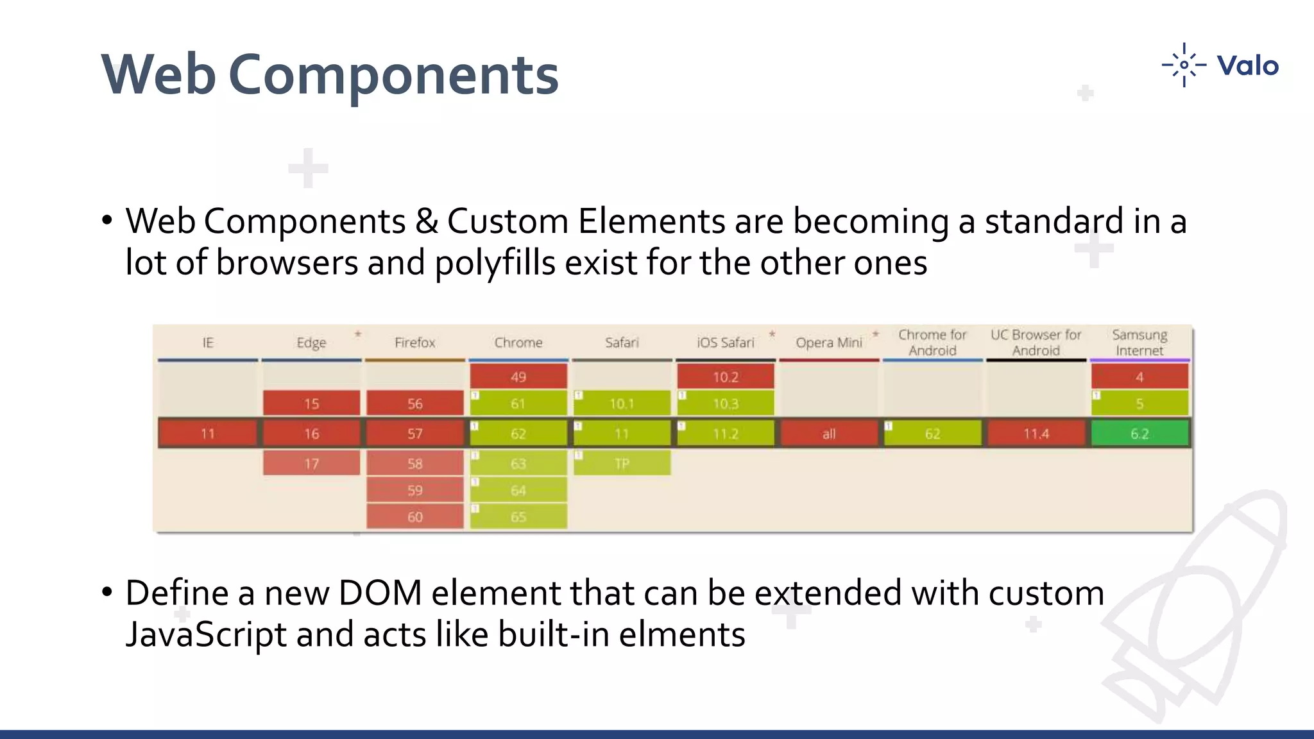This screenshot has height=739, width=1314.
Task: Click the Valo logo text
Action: pyautogui.click(x=1247, y=66)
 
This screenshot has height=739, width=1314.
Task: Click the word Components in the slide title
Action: pyautogui.click(x=393, y=76)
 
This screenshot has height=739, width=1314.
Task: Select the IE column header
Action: pyautogui.click(x=208, y=343)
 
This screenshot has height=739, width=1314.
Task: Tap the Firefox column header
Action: pyautogui.click(x=414, y=343)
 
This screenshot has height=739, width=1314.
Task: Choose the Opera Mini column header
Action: pyautogui.click(x=829, y=343)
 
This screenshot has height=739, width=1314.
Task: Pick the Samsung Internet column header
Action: pyautogui.click(x=1139, y=343)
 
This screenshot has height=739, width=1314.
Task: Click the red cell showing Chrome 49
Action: pyautogui.click(x=518, y=377)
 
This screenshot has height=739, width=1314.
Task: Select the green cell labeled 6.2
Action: pyautogui.click(x=1139, y=434)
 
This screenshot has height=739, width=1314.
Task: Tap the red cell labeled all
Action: pyautogui.click(x=829, y=434)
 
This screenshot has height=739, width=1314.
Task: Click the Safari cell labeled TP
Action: pyautogui.click(x=622, y=463)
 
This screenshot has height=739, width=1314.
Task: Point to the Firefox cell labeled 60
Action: pyautogui.click(x=414, y=516)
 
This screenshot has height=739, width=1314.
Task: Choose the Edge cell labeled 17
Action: pyautogui.click(x=311, y=463)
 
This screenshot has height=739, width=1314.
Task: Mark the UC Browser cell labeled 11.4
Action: pyautogui.click(x=1036, y=434)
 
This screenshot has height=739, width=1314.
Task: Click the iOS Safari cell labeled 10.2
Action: pyautogui.click(x=725, y=377)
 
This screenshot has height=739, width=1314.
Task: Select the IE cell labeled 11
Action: pyautogui.click(x=208, y=434)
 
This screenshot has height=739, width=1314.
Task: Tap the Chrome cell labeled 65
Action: pyautogui.click(x=518, y=516)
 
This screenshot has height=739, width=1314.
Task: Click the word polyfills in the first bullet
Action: pyautogui.click(x=494, y=264)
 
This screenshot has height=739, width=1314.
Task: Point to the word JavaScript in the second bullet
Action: pyautogui.click(x=205, y=635)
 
